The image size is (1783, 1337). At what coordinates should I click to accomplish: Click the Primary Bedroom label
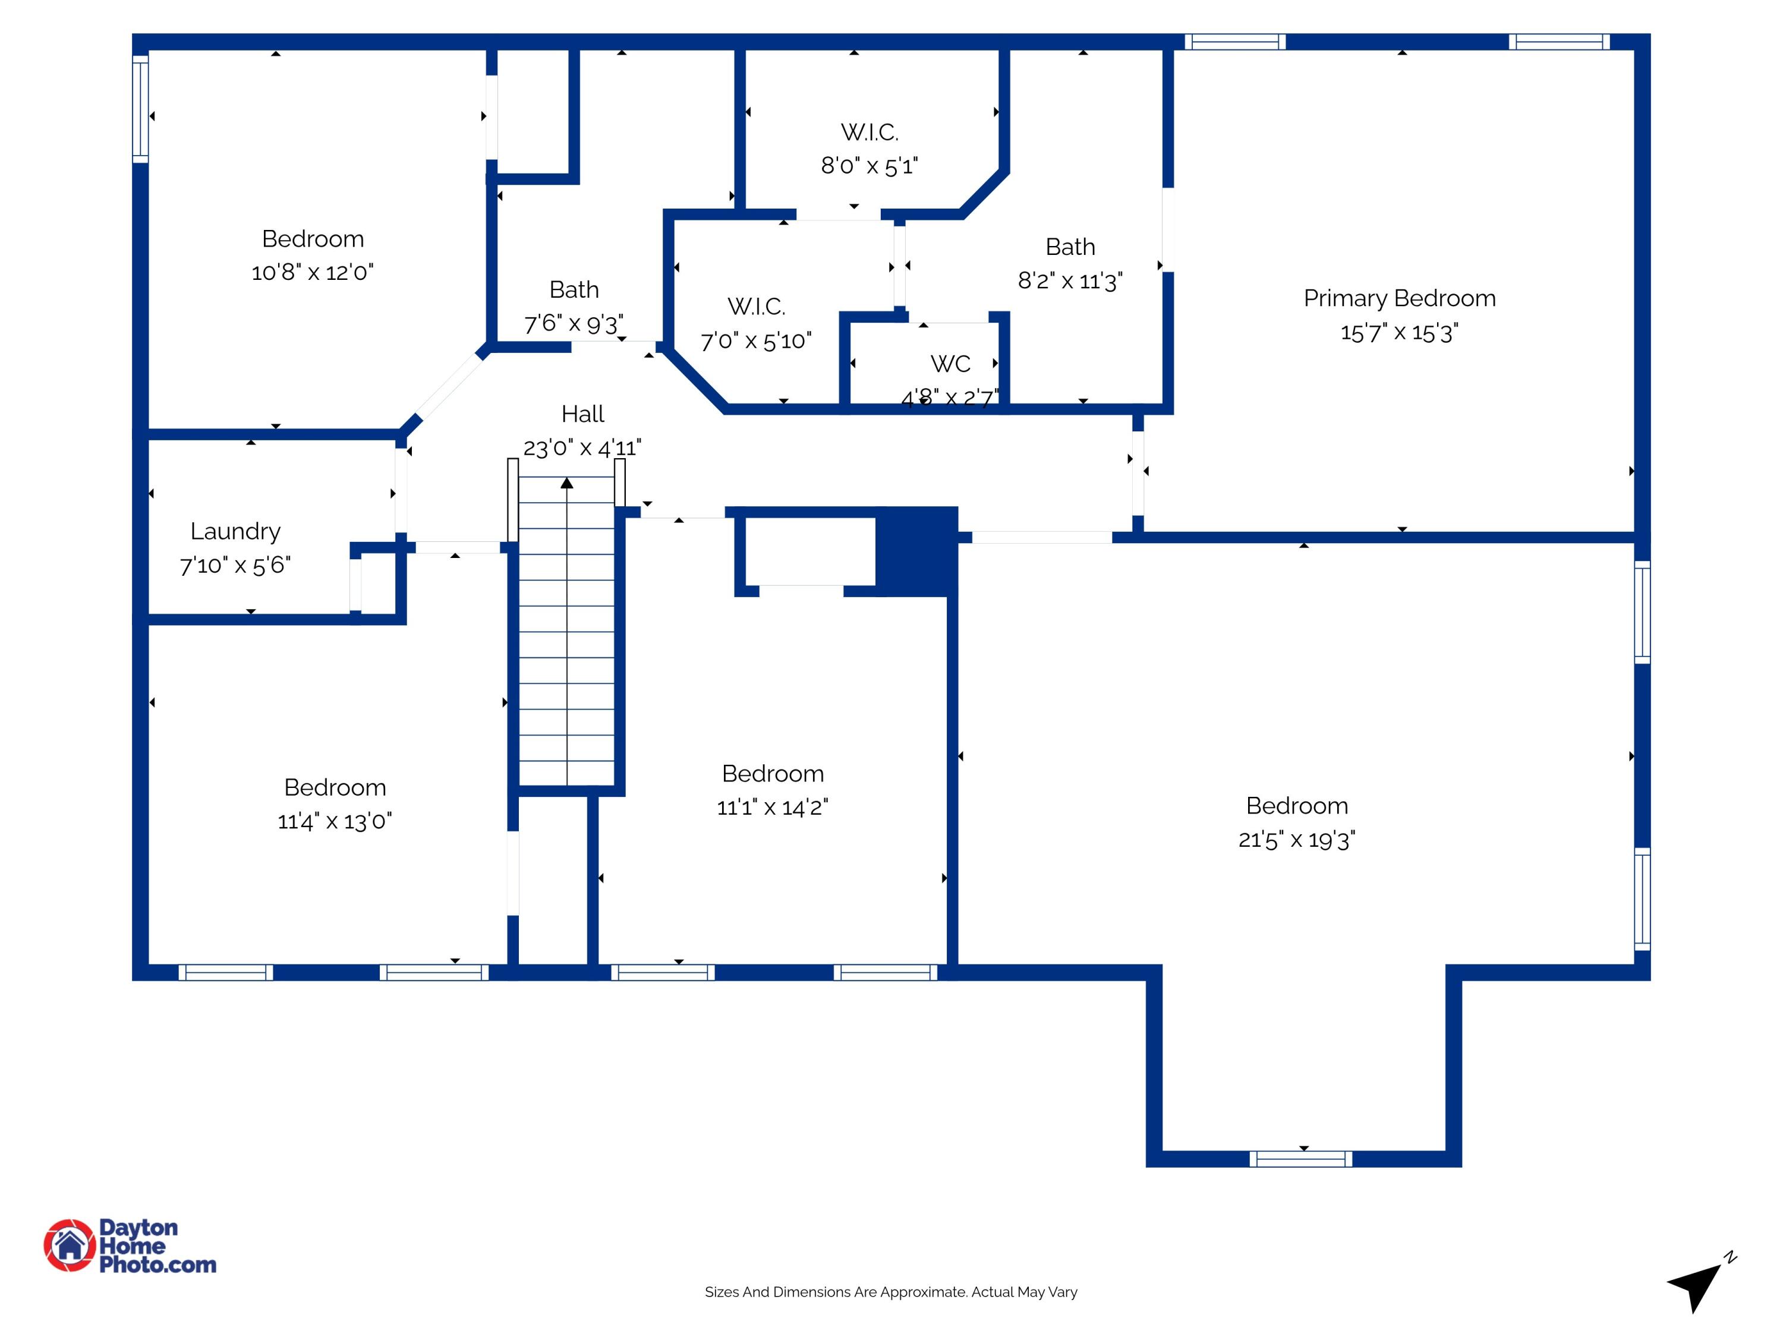(1399, 298)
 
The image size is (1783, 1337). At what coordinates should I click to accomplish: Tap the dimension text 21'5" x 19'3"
(1296, 840)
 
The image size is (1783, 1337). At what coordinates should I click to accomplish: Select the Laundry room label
(235, 531)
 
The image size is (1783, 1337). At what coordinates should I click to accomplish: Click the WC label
(950, 364)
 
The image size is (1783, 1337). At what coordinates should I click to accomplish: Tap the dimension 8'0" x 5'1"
(869, 166)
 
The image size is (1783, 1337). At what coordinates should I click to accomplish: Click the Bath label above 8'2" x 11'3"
(1070, 247)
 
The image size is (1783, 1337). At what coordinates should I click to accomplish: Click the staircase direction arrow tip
(566, 483)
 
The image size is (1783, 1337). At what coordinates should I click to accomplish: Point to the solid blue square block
(916, 551)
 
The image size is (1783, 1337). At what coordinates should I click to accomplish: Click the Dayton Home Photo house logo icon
(70, 1245)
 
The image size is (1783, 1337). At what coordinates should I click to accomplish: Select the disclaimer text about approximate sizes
(891, 1292)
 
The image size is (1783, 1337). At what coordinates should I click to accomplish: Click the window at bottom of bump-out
(1300, 1159)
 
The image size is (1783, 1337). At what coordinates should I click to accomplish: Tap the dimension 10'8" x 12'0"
(312, 272)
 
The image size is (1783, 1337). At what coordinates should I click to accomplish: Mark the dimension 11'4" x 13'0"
(335, 821)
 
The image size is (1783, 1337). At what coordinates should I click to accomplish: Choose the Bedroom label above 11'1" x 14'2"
(772, 774)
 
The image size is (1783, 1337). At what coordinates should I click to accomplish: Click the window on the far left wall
(140, 109)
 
